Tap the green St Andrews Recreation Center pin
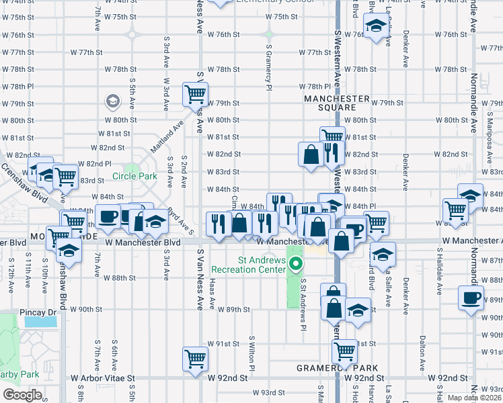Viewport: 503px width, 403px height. pos(293,265)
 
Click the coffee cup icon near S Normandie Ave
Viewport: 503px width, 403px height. pos(471,296)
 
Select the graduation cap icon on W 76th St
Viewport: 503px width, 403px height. pos(376,28)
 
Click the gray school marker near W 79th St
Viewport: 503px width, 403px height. pos(113,102)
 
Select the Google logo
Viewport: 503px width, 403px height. pos(22,394)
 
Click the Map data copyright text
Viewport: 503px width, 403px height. pos(475,398)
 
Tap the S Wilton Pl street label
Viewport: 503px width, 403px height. pos(253,355)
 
